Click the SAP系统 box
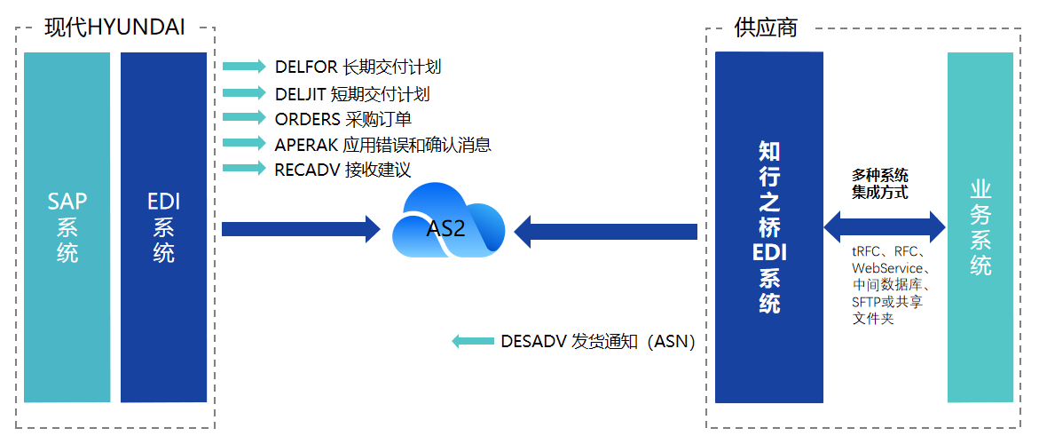tap(67, 227)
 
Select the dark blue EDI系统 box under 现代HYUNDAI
tap(163, 227)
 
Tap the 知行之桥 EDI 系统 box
tap(768, 227)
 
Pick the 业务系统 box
tap(980, 227)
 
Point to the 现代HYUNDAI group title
tap(114, 28)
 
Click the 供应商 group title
tap(766, 28)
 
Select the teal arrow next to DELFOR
tap(244, 67)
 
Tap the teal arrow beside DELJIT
tap(244, 92)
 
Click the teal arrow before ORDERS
tap(244, 117)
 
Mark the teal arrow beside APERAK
tap(244, 143)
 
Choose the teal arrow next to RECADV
tap(244, 169)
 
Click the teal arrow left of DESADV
tap(473, 341)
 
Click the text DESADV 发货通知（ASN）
tap(598, 342)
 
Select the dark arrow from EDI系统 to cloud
tap(302, 230)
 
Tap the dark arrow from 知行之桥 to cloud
tap(606, 232)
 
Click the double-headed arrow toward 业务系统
tap(885, 227)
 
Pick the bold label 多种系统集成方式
tap(880, 185)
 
